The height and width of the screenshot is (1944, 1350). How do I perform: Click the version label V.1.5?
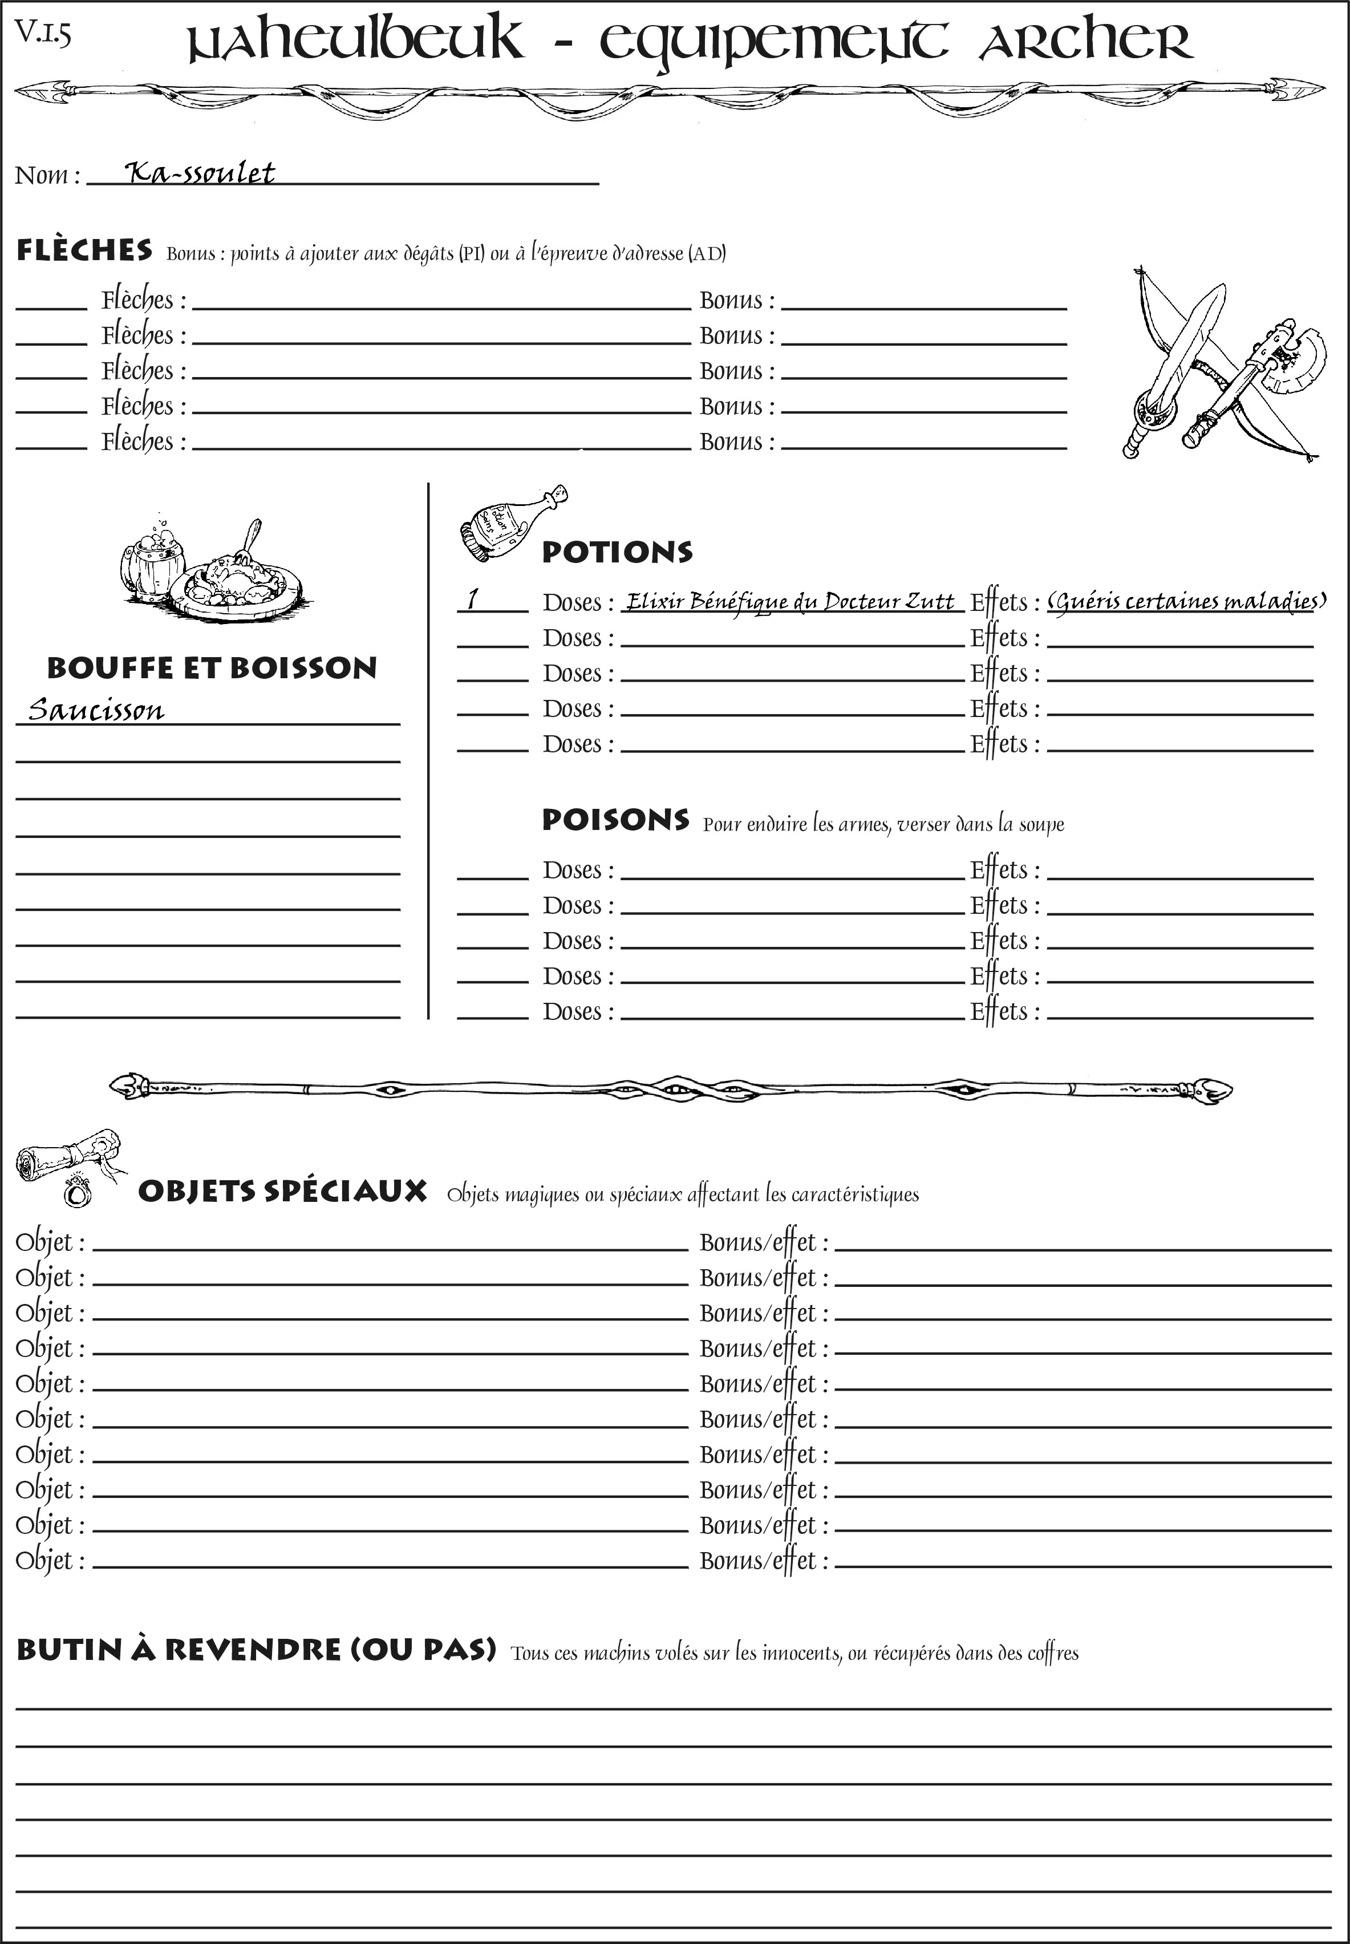42,33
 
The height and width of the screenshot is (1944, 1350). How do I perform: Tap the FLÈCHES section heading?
84,250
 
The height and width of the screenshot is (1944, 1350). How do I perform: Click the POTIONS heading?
617,552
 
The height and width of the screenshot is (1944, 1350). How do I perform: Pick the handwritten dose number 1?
473,599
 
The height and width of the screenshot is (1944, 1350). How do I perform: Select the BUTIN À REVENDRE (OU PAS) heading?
256,1650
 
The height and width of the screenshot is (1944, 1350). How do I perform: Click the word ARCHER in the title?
1085,42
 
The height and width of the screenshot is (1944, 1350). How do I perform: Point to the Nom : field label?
47,175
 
